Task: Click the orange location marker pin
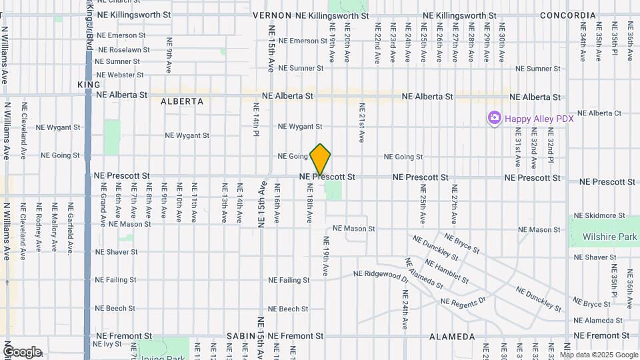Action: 321,159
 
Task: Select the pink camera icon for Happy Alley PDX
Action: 494,118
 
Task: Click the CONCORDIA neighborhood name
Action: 568,15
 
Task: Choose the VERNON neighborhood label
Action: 272,15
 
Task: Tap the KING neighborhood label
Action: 89,85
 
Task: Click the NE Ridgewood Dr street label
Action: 380,275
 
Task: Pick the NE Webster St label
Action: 120,75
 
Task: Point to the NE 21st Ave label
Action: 362,123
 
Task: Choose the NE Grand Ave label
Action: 103,206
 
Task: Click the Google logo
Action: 22,352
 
